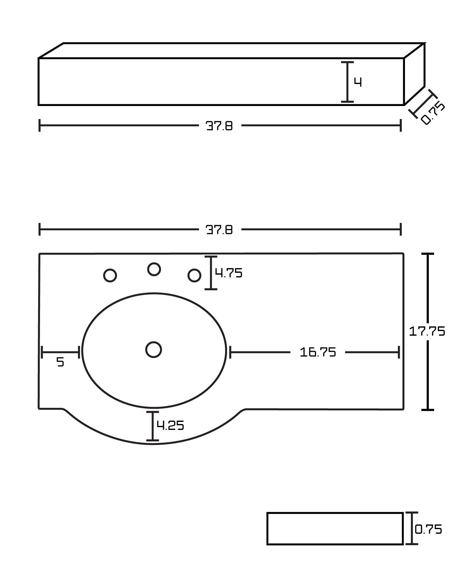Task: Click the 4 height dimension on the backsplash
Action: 358,82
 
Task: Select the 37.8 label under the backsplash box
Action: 219,126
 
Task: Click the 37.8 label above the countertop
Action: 219,230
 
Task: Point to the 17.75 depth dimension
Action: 427,331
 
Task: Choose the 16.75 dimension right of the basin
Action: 318,352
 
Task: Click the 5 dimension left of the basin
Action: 60,362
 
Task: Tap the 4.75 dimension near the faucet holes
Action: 229,273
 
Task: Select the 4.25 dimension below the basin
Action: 170,425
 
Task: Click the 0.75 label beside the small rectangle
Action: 429,529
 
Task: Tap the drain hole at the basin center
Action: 153,350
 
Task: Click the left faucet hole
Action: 110,275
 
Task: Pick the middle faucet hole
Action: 154,269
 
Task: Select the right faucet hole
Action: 194,275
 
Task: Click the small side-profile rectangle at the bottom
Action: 335,528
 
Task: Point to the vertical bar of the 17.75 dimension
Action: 428,372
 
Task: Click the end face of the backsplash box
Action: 414,74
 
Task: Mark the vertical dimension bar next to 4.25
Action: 153,426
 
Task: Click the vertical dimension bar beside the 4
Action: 347,82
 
